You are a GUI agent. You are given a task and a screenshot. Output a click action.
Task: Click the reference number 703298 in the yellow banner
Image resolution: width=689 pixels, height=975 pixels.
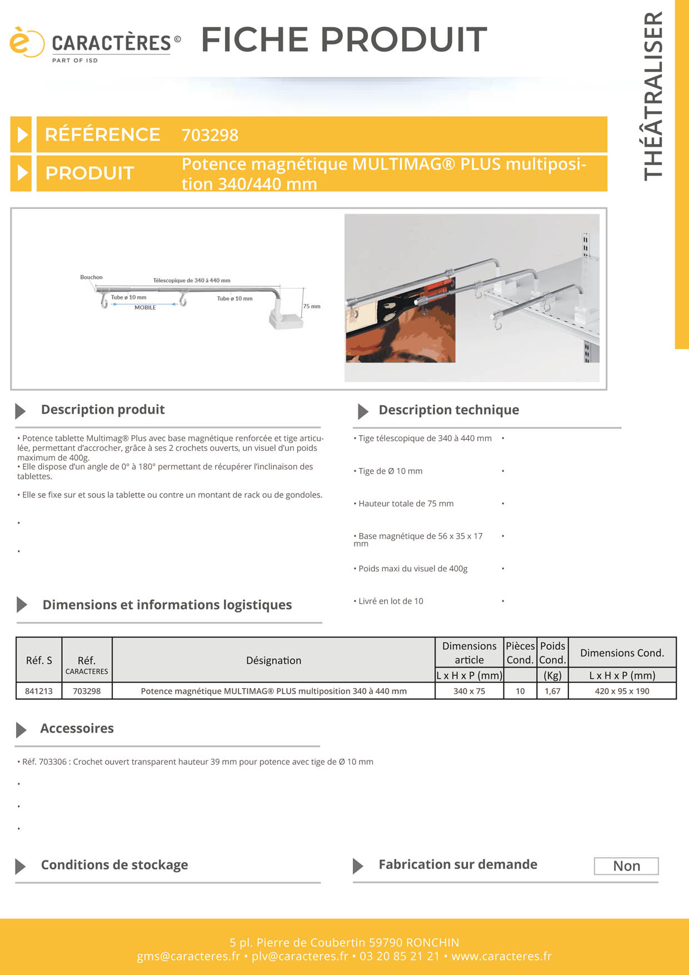pyautogui.click(x=209, y=135)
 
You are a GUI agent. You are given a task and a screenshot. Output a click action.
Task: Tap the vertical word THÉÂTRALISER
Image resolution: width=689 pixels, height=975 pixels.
pyautogui.click(x=653, y=96)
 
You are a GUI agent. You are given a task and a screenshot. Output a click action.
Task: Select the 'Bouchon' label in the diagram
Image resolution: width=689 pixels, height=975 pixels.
pyautogui.click(x=91, y=277)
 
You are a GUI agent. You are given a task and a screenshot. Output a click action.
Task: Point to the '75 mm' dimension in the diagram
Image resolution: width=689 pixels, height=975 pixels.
pyautogui.click(x=311, y=306)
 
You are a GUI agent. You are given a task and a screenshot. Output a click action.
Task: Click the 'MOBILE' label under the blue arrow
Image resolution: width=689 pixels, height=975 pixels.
pyautogui.click(x=145, y=307)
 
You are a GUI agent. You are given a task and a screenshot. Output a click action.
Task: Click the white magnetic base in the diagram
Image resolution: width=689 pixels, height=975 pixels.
pyautogui.click(x=286, y=320)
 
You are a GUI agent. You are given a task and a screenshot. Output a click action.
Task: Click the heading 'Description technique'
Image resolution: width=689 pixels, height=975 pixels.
pyautogui.click(x=448, y=410)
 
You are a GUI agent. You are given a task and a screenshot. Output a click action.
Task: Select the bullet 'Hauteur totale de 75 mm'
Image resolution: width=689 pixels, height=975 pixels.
pyautogui.click(x=406, y=504)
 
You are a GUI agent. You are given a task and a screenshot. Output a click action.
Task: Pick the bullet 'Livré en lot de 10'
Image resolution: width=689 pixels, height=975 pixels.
pyautogui.click(x=391, y=601)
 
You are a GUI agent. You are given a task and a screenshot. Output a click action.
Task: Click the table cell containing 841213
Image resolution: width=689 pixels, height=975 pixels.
pyautogui.click(x=39, y=691)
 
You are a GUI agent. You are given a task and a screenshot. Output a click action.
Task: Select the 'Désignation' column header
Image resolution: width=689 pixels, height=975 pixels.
pyautogui.click(x=273, y=660)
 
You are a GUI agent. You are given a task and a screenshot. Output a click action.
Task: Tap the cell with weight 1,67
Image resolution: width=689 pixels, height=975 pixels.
pyautogui.click(x=552, y=691)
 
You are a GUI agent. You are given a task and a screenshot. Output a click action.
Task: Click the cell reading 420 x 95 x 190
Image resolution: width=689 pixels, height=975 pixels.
pyautogui.click(x=622, y=691)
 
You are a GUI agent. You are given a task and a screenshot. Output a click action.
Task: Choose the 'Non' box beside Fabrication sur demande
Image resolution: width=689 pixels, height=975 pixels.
pyautogui.click(x=626, y=866)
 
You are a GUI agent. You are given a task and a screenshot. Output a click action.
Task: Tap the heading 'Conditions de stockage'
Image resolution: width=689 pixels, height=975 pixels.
pyautogui.click(x=114, y=865)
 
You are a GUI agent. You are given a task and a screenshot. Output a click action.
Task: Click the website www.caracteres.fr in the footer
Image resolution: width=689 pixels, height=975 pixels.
pyautogui.click(x=501, y=956)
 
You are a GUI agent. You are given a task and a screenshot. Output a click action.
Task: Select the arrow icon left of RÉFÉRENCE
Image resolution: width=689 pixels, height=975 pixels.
pyautogui.click(x=22, y=135)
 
